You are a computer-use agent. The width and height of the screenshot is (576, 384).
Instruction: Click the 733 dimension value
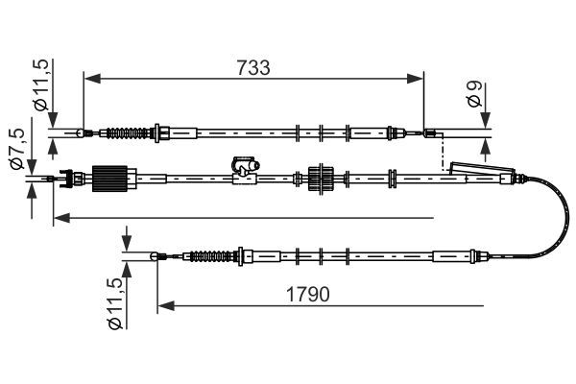pyautogui.click(x=252, y=68)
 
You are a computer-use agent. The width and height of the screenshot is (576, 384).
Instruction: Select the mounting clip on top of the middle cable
pyautogui.click(x=244, y=168)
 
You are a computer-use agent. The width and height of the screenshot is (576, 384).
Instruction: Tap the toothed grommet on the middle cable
pyautogui.click(x=320, y=179)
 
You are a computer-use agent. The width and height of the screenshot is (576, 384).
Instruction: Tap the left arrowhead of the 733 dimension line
pyautogui.click(x=89, y=75)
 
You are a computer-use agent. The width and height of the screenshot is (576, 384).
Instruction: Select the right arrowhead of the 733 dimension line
pyautogui.click(x=420, y=75)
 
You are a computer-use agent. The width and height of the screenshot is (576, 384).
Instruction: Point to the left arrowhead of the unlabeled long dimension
pyautogui.click(x=58, y=218)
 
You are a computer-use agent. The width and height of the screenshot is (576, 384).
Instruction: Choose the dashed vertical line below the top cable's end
pyautogui.click(x=442, y=154)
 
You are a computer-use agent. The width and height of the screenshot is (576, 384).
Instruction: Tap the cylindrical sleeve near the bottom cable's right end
pyautogui.click(x=449, y=256)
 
